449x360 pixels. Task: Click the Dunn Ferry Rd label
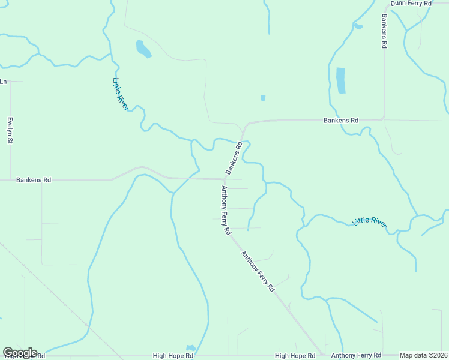(x=411, y=4)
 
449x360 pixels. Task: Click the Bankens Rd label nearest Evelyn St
(x=34, y=179)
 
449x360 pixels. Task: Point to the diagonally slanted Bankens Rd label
(x=234, y=158)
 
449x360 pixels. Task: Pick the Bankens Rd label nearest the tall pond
(x=340, y=121)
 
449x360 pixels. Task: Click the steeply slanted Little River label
(x=121, y=94)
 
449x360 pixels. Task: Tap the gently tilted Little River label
(x=369, y=221)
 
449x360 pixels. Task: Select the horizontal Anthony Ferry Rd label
(x=356, y=355)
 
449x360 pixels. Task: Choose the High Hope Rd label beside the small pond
(x=173, y=356)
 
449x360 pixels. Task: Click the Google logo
(x=20, y=353)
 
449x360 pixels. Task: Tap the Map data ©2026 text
(x=424, y=355)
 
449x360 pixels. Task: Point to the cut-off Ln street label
(x=4, y=82)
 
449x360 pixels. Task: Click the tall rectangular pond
(x=341, y=80)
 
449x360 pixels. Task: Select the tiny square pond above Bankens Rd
(x=263, y=98)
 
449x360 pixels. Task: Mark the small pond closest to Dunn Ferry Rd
(x=358, y=26)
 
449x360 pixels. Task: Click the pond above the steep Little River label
(x=143, y=49)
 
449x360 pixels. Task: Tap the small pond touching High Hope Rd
(x=191, y=348)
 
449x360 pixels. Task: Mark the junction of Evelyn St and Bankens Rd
(x=10, y=179)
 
